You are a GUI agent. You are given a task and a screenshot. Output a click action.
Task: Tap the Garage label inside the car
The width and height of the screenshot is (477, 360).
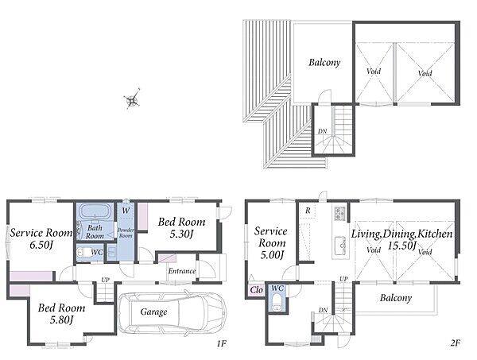[153, 312]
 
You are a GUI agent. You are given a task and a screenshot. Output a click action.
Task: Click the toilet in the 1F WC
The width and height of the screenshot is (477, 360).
[82, 253]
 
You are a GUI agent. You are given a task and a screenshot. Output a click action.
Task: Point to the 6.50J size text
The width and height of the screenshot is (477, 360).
[41, 245]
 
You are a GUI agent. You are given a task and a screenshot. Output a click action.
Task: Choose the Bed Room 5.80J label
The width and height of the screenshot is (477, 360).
[61, 313]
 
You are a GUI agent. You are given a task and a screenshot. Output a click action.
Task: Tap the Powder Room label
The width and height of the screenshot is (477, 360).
[126, 233]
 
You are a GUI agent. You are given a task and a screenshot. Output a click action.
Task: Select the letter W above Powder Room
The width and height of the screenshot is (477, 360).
[126, 211]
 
